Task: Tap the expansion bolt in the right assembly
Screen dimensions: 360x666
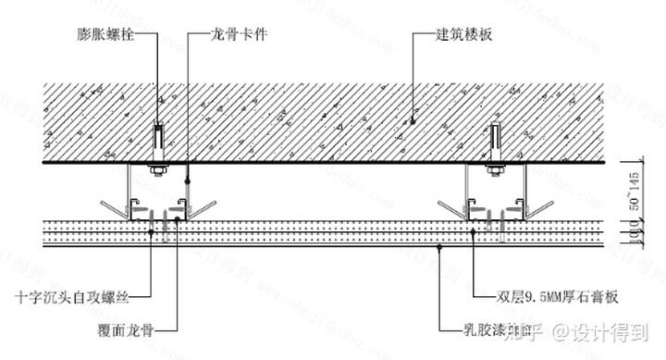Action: (497, 140)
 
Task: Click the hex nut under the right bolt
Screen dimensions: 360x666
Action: (497, 168)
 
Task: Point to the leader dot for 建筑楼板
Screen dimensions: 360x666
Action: (413, 118)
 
